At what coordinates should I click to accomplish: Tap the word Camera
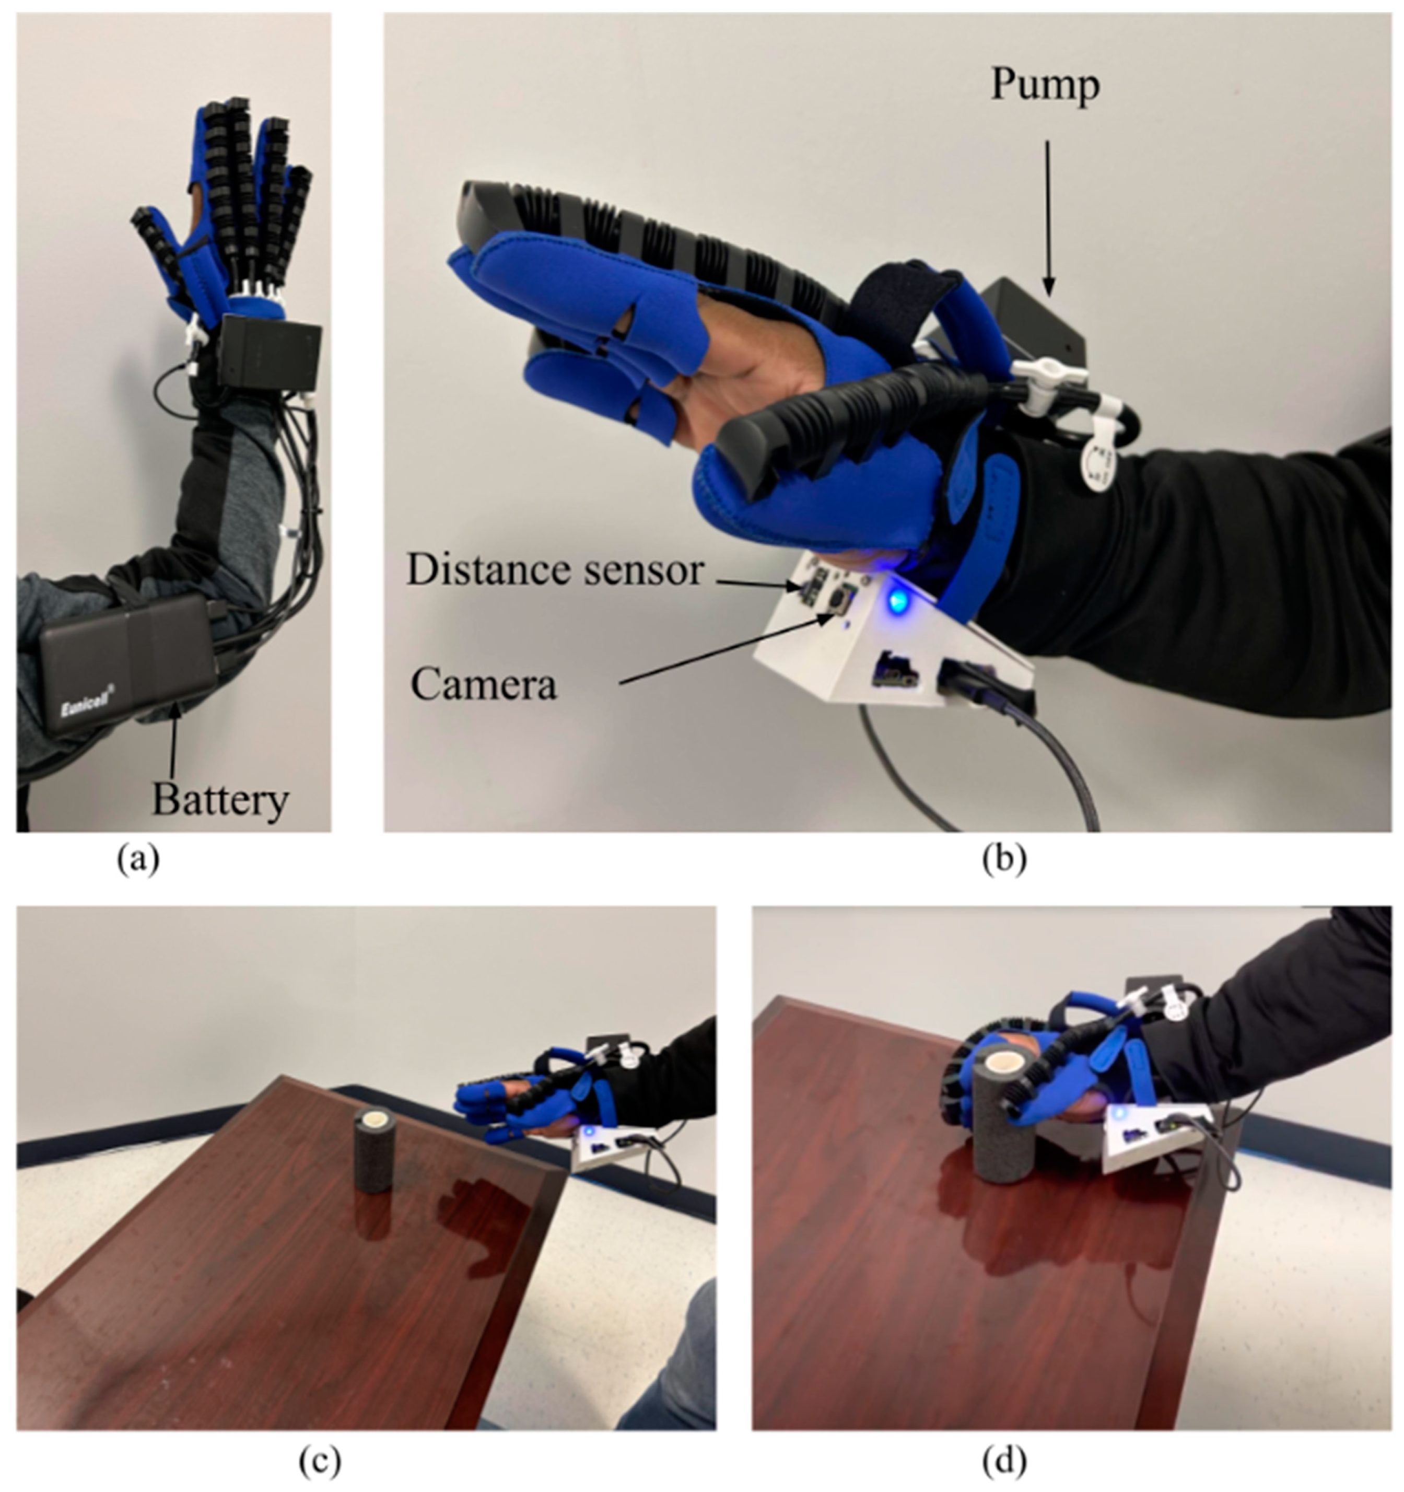(484, 684)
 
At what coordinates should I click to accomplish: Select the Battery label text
(220, 801)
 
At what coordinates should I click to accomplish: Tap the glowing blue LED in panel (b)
(897, 601)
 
